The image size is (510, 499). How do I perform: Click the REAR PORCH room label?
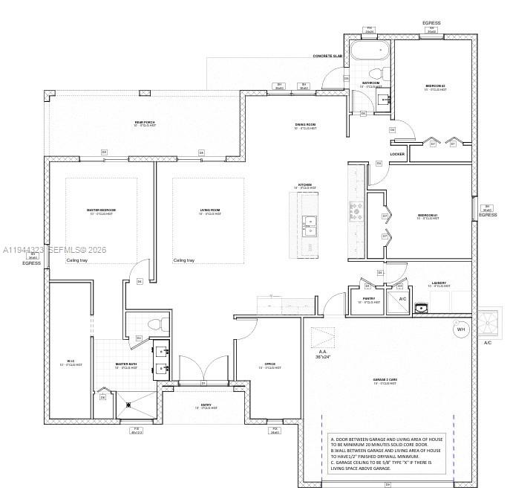[x=145, y=123]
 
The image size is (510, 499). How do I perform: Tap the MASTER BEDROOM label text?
[x=101, y=210]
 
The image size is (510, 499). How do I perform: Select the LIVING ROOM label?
[x=210, y=210]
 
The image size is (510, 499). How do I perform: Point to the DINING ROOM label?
[x=305, y=125]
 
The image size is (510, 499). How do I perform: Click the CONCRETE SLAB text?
[x=327, y=56]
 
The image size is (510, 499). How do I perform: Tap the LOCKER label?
[x=397, y=155]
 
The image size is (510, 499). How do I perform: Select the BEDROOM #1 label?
[x=428, y=216]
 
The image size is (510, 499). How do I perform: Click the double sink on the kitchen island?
[x=309, y=223]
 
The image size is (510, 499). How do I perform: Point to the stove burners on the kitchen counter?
[x=356, y=211]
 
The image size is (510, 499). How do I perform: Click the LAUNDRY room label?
[x=439, y=283]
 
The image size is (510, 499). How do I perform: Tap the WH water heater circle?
[x=460, y=329]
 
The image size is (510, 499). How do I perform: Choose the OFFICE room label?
[x=269, y=364]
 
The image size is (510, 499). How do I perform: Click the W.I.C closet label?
[x=71, y=362]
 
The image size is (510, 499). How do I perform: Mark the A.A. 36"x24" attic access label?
[x=322, y=355]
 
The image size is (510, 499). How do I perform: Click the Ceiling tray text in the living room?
[x=184, y=260]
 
